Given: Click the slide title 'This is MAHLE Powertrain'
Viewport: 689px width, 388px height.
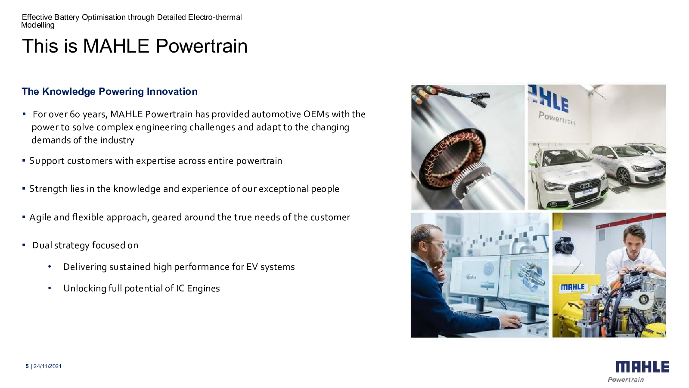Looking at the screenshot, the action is click(x=135, y=46).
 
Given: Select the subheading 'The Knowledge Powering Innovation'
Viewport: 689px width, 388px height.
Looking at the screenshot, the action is click(x=109, y=91).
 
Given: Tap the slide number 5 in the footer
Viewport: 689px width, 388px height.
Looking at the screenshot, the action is click(x=27, y=366).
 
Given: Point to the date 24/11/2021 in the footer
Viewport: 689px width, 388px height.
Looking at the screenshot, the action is click(x=47, y=366).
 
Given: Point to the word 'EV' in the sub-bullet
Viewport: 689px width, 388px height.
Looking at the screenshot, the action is click(x=252, y=267).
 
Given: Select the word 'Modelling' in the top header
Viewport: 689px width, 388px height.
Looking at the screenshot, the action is click(x=38, y=25).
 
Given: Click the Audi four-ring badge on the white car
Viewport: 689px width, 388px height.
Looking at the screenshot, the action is click(x=586, y=186).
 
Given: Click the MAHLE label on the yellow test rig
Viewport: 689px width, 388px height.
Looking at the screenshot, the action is click(x=572, y=287).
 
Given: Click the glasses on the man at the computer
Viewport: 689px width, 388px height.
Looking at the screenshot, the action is click(x=437, y=245).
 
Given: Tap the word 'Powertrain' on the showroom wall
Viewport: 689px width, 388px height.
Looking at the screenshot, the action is click(x=557, y=118).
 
